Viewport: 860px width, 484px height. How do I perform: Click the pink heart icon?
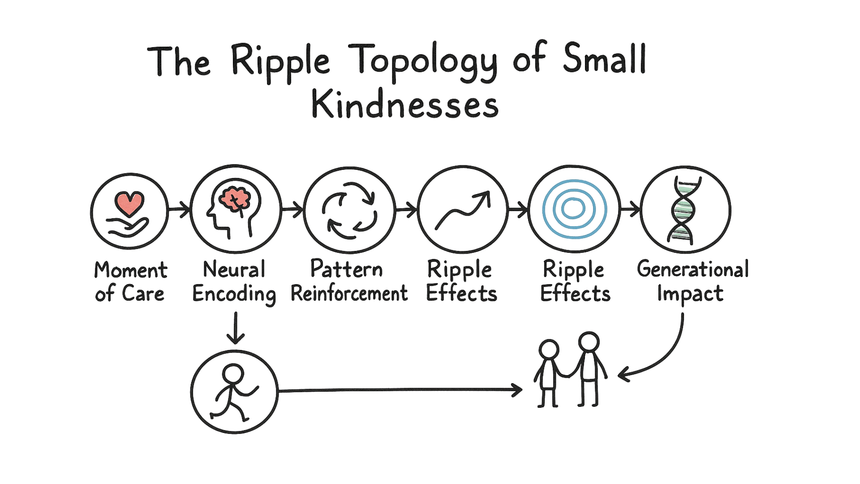[129, 203]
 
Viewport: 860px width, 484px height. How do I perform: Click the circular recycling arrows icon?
[349, 210]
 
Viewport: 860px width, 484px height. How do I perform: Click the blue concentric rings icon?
[574, 209]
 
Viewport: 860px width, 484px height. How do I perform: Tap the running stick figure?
[234, 392]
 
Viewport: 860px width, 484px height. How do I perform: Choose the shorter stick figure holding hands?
[548, 372]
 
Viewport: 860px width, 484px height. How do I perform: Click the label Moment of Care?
[130, 282]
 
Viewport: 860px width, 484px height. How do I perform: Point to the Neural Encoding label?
[234, 282]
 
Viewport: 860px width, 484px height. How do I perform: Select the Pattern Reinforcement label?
[349, 281]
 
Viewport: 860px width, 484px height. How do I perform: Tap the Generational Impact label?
[692, 281]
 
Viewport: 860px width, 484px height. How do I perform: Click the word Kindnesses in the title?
[404, 106]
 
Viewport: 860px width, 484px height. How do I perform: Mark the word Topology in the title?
[426, 62]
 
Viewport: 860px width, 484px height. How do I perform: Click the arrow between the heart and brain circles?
[179, 209]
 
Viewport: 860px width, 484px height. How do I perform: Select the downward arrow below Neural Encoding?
[236, 329]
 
